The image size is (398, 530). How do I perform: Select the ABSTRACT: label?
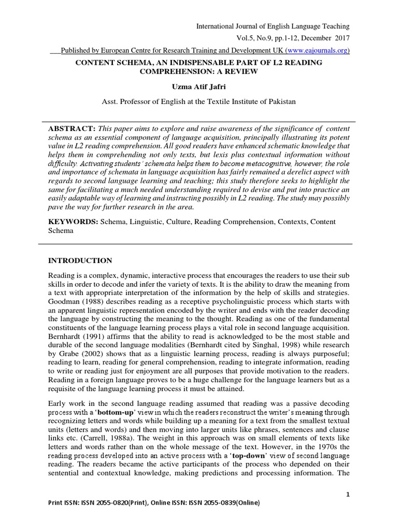click(70, 128)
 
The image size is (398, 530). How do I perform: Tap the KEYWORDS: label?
click(73, 222)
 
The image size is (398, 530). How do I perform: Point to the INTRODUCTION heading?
click(80, 260)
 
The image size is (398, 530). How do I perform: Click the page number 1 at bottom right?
click(349, 495)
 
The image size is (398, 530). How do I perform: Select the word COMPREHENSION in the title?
click(173, 71)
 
